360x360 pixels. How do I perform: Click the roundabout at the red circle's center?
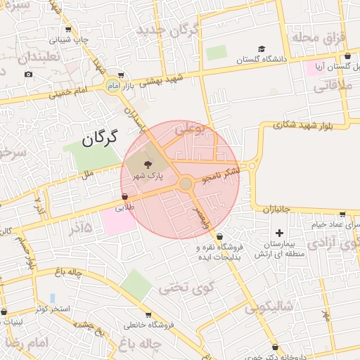point(186,184)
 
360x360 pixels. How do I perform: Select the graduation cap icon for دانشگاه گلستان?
point(262,49)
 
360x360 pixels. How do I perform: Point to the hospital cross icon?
point(280,233)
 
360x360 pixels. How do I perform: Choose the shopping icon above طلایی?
point(124,198)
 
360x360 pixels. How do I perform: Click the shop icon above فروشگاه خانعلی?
point(148,315)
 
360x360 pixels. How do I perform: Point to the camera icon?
point(28,75)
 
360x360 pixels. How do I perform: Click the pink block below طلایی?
point(118,222)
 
